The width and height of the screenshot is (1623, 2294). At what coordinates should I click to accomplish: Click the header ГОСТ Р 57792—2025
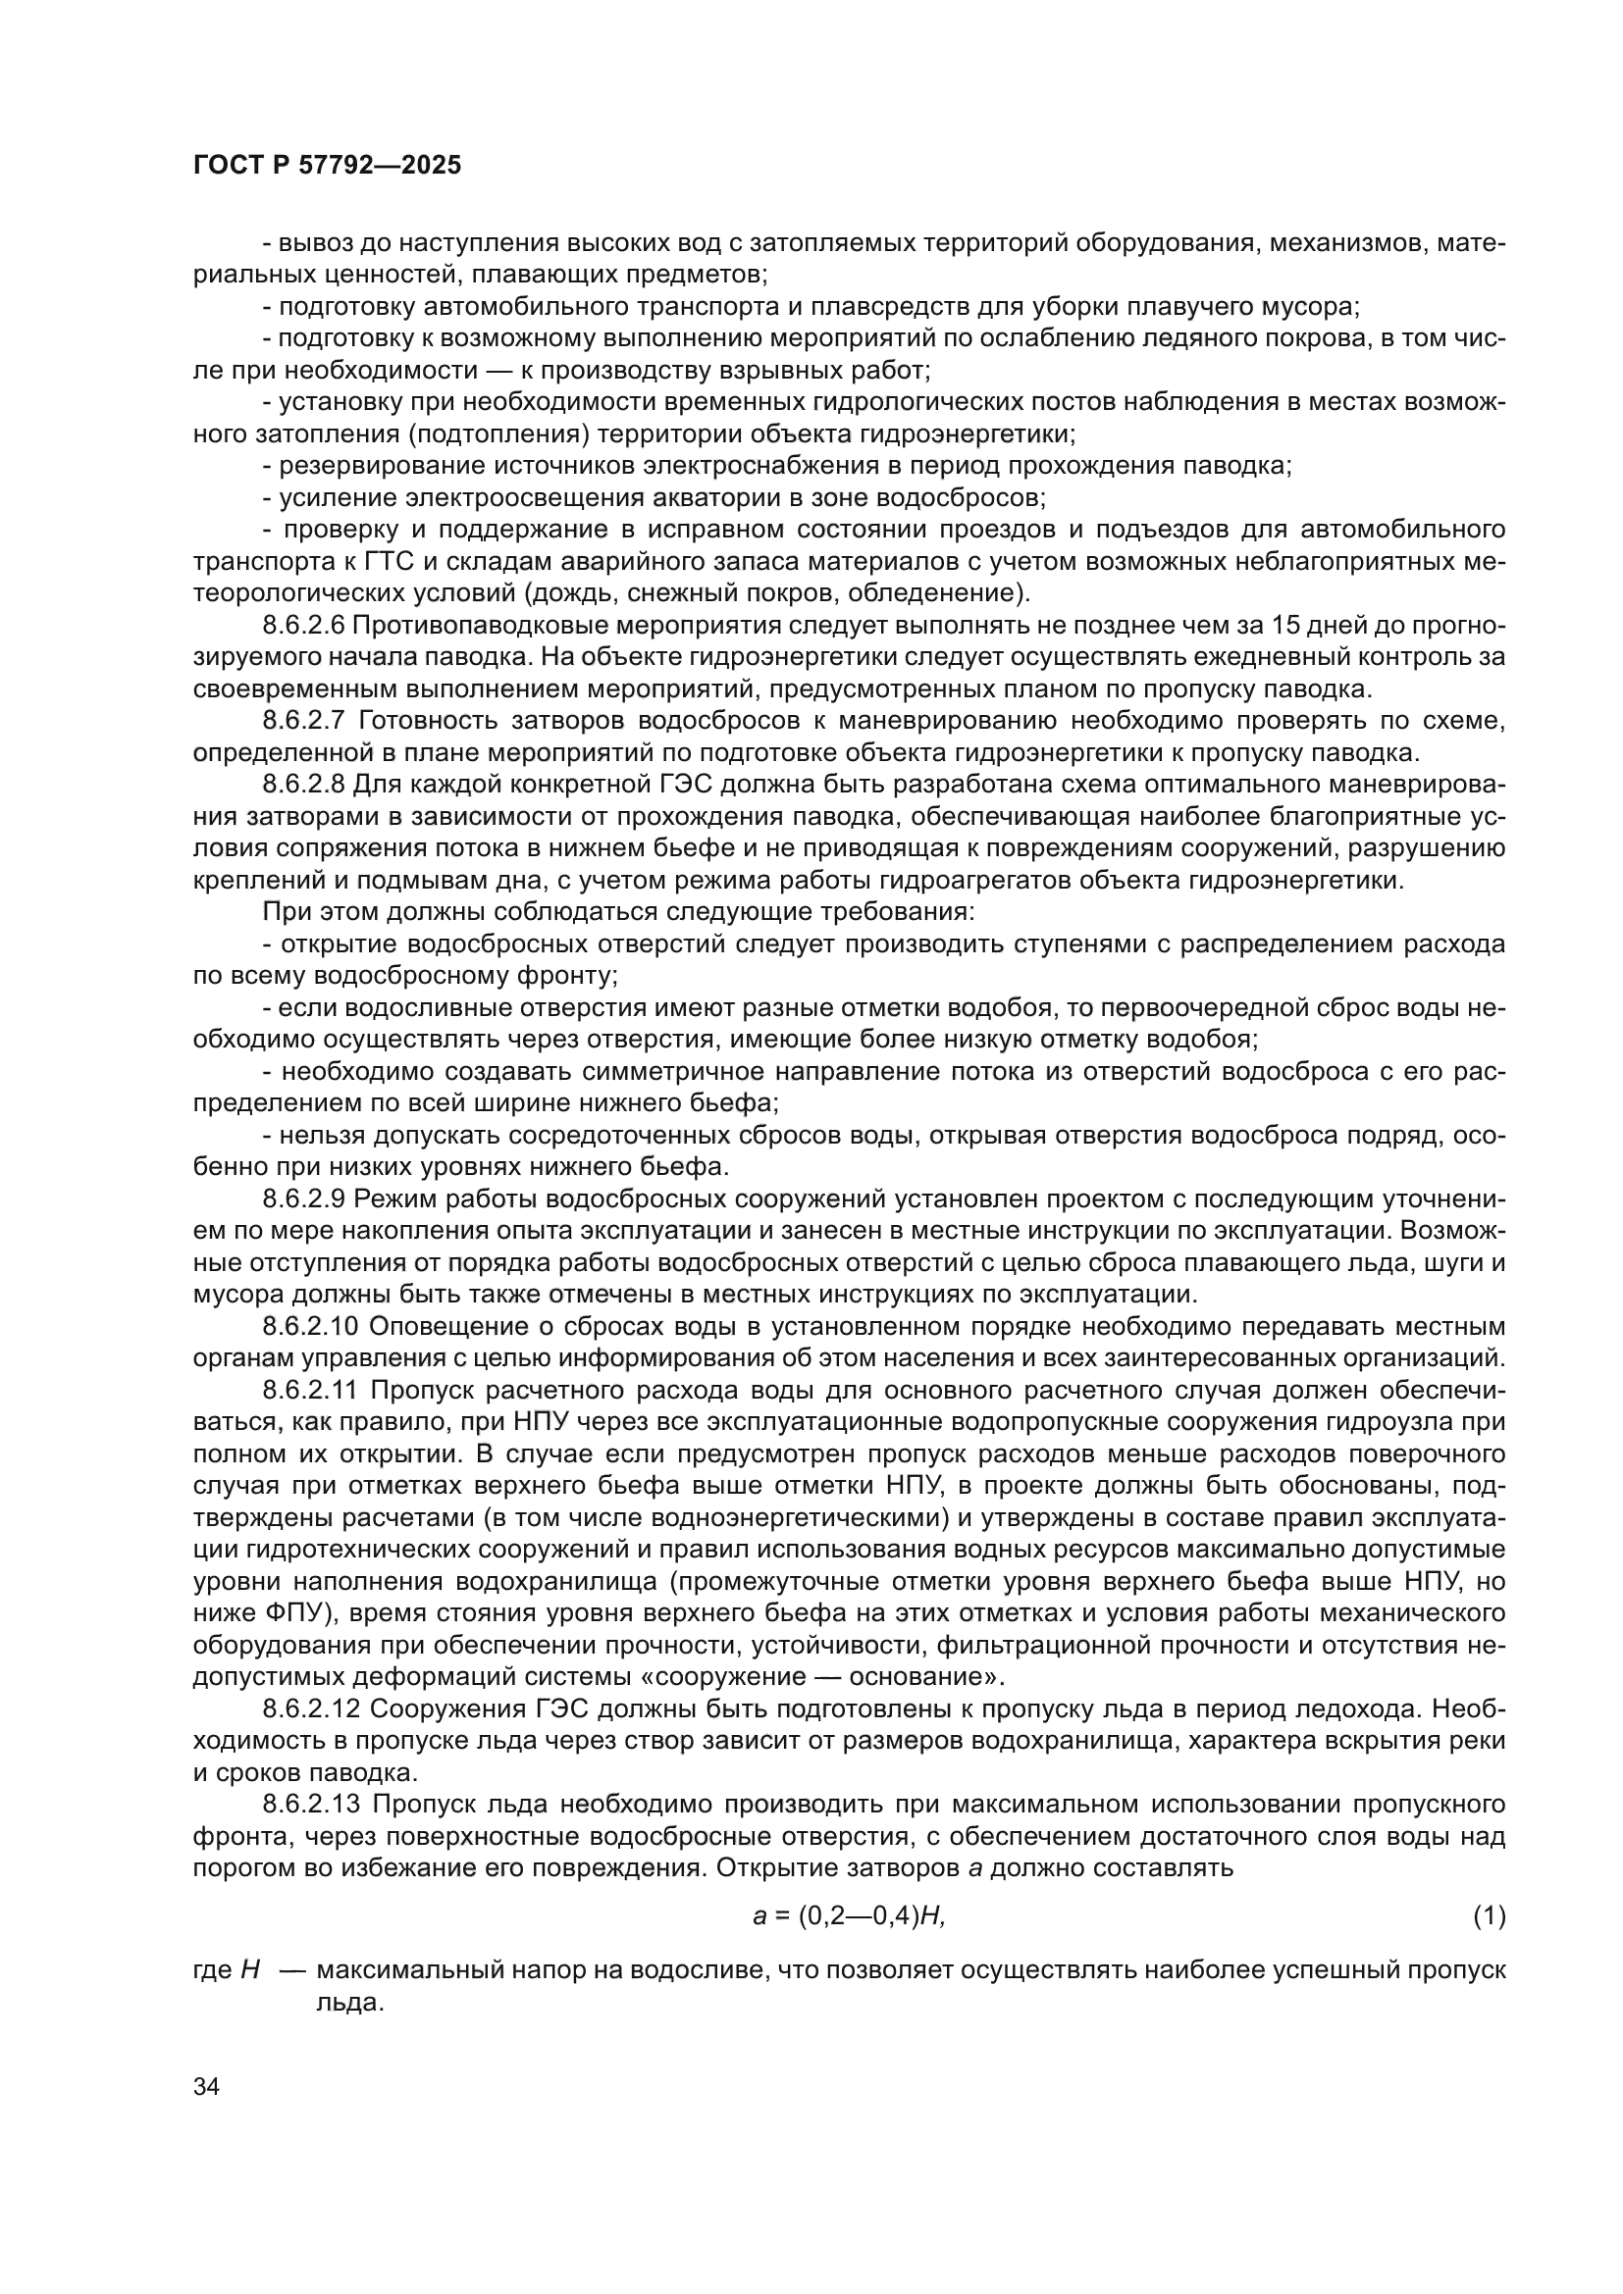click(327, 166)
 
